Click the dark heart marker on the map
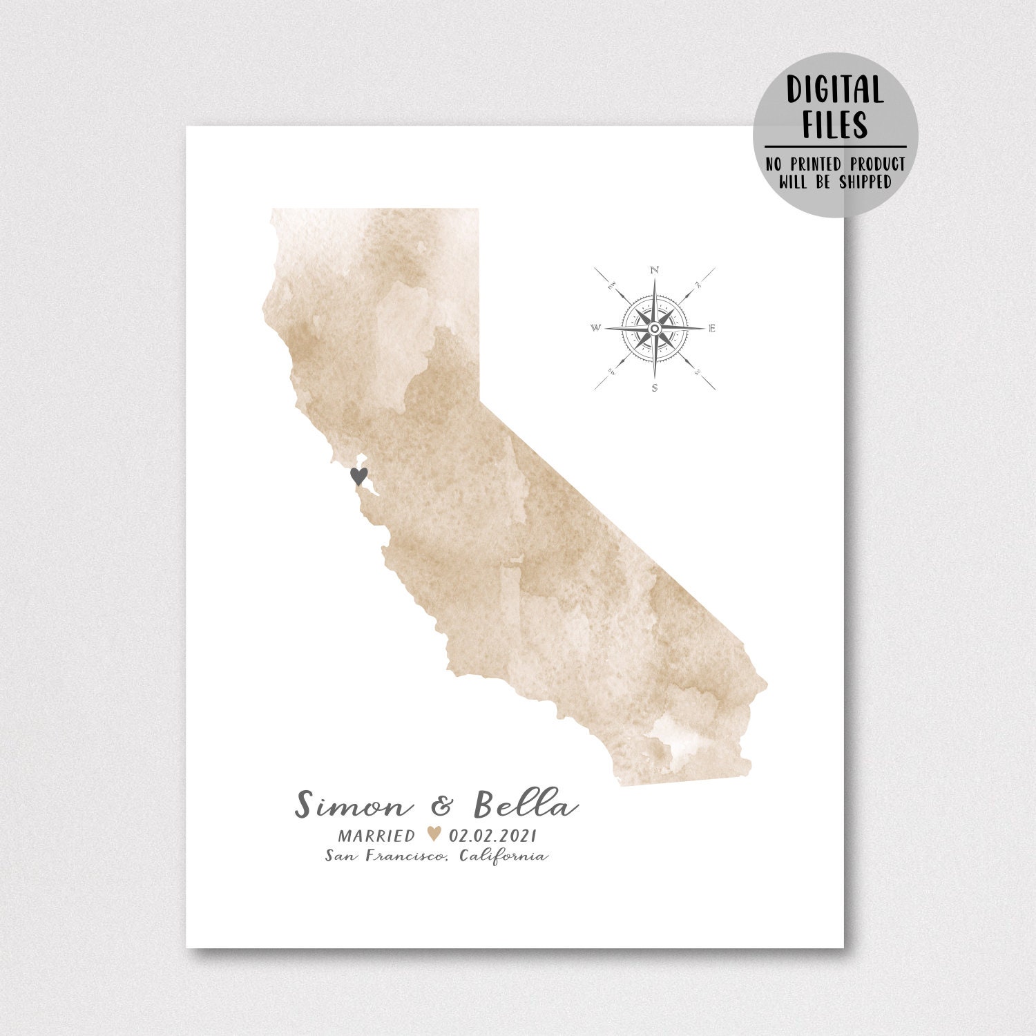click(359, 476)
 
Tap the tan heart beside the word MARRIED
click(434, 834)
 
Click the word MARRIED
click(376, 836)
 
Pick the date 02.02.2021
click(492, 836)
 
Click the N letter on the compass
click(655, 269)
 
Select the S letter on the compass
click(655, 387)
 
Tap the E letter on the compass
click(713, 328)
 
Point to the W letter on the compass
click(596, 328)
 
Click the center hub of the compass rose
click(655, 328)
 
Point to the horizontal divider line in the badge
click(834, 146)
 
